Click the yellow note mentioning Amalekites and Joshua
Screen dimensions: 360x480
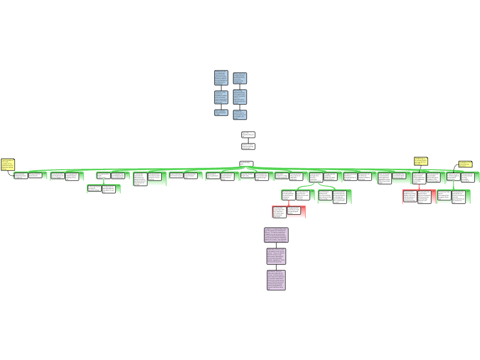(7, 164)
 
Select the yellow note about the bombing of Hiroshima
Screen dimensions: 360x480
(420, 161)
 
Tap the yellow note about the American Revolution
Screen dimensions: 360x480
(465, 164)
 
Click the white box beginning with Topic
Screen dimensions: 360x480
(248, 135)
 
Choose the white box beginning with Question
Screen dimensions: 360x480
(248, 146)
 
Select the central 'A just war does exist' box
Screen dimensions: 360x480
(246, 164)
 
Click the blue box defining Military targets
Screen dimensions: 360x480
(240, 78)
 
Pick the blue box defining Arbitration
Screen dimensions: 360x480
(221, 97)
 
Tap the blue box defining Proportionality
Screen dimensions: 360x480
(240, 97)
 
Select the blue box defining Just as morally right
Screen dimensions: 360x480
(221, 112)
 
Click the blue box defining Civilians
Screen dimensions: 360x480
(240, 115)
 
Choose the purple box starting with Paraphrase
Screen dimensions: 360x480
(276, 256)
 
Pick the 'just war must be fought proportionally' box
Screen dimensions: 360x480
(103, 176)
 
